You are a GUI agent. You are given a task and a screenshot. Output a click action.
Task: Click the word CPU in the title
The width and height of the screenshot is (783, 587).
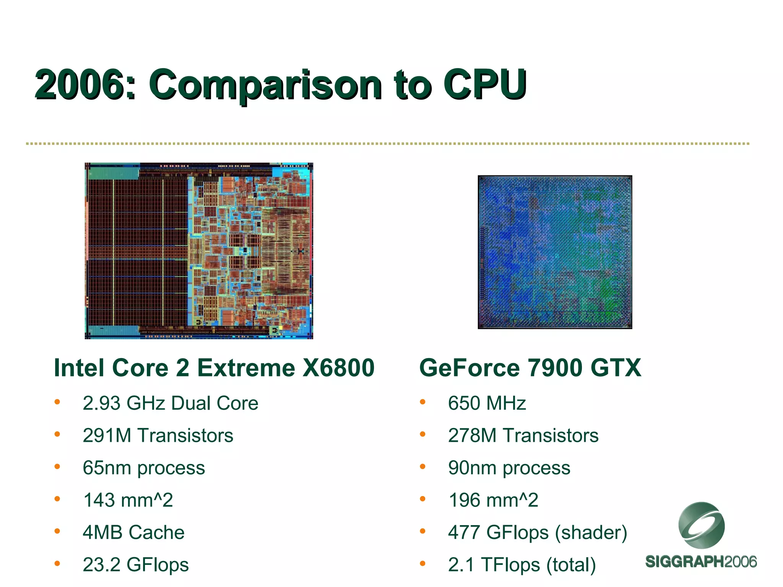485,84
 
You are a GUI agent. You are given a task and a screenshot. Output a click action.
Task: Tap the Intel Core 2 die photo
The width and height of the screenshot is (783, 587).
199,251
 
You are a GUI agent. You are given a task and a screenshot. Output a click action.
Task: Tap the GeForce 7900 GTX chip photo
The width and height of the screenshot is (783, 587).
555,252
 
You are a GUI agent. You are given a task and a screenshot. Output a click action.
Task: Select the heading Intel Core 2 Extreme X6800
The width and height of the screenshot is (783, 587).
214,368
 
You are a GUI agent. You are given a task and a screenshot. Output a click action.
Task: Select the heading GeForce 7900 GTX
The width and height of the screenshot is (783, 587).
530,368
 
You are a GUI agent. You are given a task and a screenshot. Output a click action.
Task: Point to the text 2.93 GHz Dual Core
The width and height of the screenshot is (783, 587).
171,403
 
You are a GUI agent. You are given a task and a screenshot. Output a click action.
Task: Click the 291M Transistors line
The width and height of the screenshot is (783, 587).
158,435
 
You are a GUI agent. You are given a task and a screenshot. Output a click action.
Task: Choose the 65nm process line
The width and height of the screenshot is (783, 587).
144,468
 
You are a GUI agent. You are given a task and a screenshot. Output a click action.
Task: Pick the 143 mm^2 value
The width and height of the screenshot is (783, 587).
128,500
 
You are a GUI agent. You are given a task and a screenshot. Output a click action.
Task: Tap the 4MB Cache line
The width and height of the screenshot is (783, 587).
133,532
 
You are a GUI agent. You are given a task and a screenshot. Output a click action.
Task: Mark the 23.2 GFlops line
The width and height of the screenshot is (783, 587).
136,564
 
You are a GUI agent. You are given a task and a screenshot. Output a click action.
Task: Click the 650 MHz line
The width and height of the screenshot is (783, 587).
487,403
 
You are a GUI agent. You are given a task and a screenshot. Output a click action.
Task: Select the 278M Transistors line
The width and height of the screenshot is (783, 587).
523,435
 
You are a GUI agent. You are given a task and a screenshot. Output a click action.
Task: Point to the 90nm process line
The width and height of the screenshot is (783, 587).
509,468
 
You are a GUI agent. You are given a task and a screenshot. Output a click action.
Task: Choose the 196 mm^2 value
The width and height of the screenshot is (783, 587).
494,500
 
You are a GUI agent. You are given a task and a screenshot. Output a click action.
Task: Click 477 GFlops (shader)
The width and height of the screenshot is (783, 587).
538,532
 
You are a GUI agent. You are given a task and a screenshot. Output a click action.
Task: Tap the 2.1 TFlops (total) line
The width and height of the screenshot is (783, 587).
522,564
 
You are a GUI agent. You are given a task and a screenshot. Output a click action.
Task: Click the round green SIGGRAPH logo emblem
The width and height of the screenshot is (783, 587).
701,525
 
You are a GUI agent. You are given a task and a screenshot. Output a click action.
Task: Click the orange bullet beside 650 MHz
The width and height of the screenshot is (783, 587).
422,402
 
